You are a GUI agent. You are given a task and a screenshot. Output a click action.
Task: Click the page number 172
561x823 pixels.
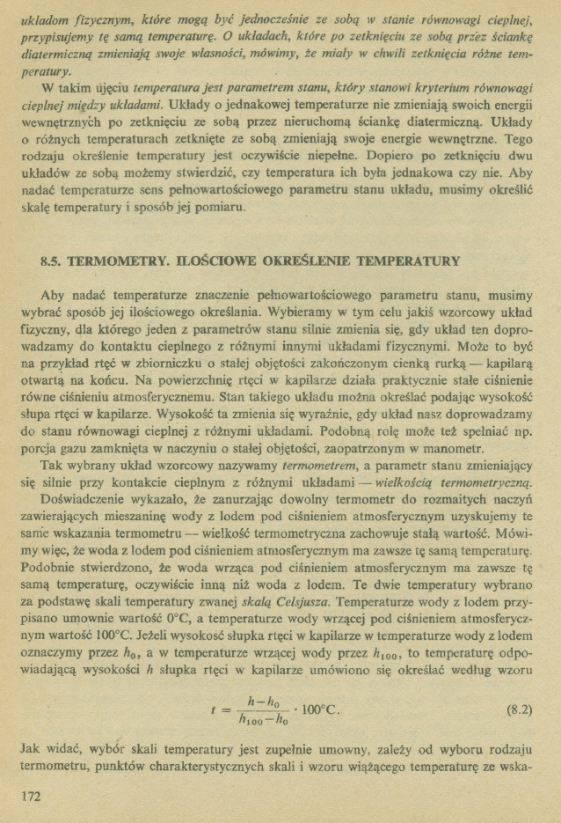point(29,796)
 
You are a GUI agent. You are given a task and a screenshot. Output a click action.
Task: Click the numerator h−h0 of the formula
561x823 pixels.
point(262,701)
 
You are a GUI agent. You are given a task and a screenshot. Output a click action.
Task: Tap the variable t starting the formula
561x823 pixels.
point(215,711)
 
